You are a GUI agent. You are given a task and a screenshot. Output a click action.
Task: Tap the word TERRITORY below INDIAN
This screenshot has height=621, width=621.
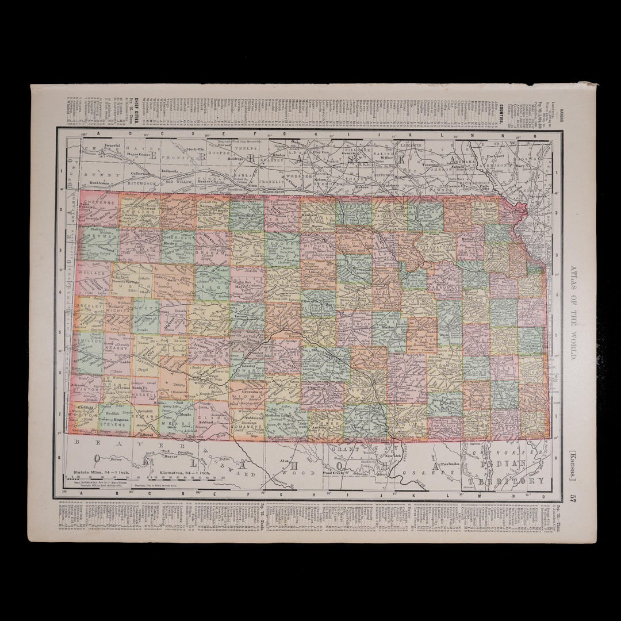(x=506, y=480)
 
